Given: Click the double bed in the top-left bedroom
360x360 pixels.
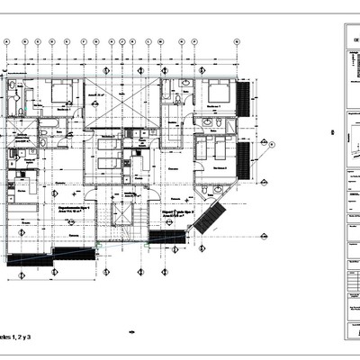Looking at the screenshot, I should [60, 92].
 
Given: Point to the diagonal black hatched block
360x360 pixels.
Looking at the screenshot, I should [210, 218].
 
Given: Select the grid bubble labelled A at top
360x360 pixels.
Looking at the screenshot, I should [7, 41].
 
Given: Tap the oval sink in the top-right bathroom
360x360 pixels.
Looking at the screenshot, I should [185, 84].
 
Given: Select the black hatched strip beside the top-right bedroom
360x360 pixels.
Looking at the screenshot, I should [241, 99].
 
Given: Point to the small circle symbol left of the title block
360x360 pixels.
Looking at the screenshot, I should [333, 133].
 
